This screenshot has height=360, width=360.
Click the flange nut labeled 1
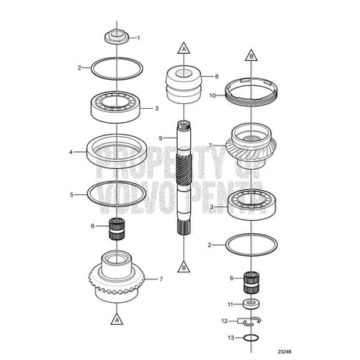pyautogui.click(x=117, y=37)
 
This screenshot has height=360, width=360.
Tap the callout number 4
pyautogui.click(x=70, y=152)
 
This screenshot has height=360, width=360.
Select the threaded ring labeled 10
pyautogui.click(x=251, y=92)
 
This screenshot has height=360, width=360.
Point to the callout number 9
pyautogui.click(x=160, y=138)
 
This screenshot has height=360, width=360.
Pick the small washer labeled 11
pyautogui.click(x=251, y=304)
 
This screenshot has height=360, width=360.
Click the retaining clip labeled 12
pyautogui.click(x=249, y=322)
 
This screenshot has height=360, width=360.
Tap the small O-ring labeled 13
pyautogui.click(x=251, y=338)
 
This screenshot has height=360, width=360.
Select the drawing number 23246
pyautogui.click(x=285, y=351)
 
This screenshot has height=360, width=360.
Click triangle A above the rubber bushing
pyautogui.click(x=184, y=49)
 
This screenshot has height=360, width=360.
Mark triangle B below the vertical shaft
pyautogui.click(x=184, y=267)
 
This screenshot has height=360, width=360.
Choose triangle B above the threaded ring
pyautogui.click(x=251, y=55)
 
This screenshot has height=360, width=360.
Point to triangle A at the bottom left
pyautogui.click(x=117, y=319)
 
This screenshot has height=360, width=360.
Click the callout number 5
pyautogui.click(x=72, y=195)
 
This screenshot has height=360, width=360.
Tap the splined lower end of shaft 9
pyautogui.click(x=184, y=227)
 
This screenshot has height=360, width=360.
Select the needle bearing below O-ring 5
pyautogui.click(x=117, y=229)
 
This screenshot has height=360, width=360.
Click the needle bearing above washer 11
pyautogui.click(x=251, y=283)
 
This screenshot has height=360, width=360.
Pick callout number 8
pyautogui.click(x=217, y=77)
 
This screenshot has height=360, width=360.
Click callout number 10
pyautogui.click(x=213, y=95)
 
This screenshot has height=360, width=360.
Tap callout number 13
pyautogui.click(x=231, y=338)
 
